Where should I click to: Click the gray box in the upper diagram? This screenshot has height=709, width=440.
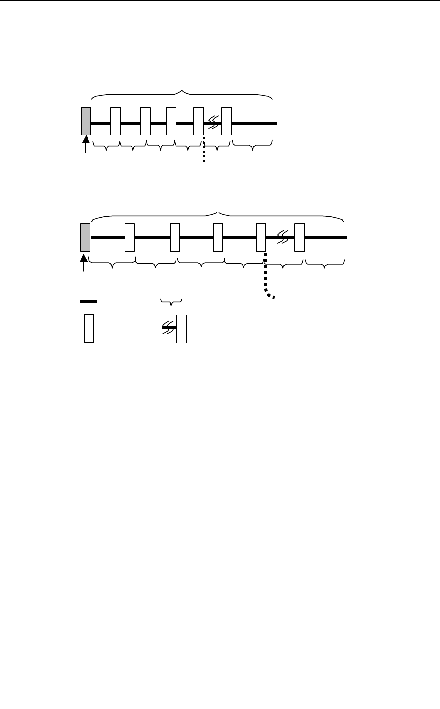tap(86, 121)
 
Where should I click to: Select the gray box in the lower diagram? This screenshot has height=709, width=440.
tap(85, 237)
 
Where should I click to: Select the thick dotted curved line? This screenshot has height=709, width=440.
tap(266, 277)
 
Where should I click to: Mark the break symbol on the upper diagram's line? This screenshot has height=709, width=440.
tap(213, 122)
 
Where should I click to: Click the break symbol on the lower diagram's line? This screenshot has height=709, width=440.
tap(283, 237)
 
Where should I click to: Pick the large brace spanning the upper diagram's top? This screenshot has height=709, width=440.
tap(182, 93)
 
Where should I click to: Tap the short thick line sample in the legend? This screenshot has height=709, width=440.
tap(88, 301)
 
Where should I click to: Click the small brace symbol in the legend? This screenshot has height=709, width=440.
tap(172, 300)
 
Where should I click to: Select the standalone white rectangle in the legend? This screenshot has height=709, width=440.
tap(89, 328)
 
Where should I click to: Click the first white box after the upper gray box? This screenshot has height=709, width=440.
tap(115, 121)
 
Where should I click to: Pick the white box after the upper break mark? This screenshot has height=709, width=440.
tap(227, 121)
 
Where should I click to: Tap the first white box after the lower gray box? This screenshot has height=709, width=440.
tap(130, 237)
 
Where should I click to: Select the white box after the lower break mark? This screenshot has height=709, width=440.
tap(299, 237)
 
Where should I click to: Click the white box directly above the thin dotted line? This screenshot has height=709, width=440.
tap(199, 121)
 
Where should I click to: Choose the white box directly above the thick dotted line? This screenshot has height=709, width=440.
tap(261, 237)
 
